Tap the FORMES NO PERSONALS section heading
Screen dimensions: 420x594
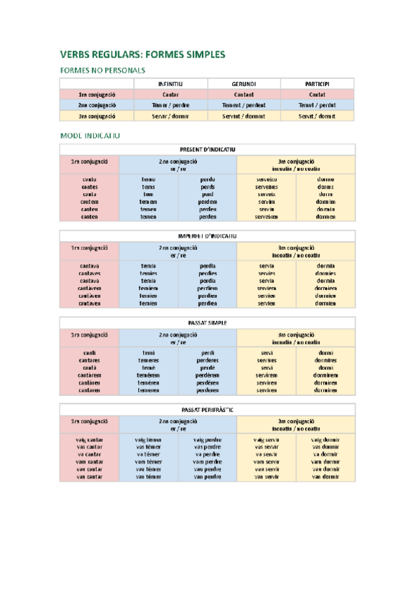tap(103, 70)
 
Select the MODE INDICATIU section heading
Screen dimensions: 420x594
tap(90, 134)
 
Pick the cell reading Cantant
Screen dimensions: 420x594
tap(243, 94)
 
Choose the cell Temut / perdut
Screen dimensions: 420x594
tap(317, 104)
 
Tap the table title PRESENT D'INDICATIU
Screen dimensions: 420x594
tap(207, 149)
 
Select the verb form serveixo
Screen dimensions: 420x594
tap(266, 179)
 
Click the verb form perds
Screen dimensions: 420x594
tap(208, 187)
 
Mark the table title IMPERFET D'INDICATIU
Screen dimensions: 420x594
tap(207, 236)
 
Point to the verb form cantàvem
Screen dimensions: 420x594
tap(89, 288)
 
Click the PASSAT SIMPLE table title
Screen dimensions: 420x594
tap(207, 322)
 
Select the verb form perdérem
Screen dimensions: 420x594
tap(208, 375)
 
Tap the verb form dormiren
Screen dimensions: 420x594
tap(325, 390)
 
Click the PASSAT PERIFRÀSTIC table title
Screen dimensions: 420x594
tap(207, 409)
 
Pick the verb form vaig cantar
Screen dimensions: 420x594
tap(89, 439)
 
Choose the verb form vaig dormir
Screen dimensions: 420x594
tap(325, 439)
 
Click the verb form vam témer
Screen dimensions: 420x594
tap(149, 462)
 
